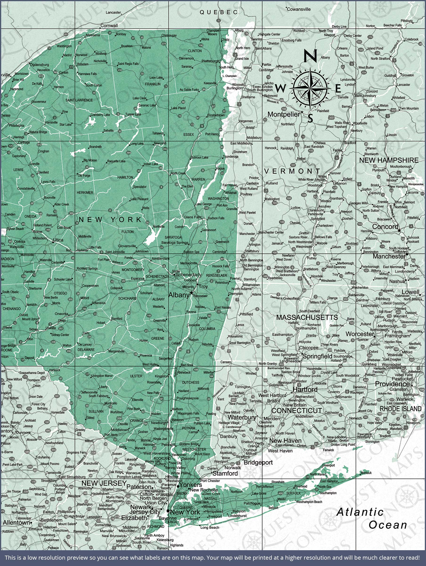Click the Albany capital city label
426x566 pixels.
click(x=179, y=295)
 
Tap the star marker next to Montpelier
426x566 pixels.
click(x=302, y=112)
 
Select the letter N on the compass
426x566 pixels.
click(x=310, y=55)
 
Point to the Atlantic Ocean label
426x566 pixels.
click(x=372, y=518)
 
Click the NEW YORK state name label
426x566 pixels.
click(x=110, y=220)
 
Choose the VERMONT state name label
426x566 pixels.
click(x=292, y=171)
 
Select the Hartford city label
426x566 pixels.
click(x=305, y=389)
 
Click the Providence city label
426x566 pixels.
click(x=392, y=384)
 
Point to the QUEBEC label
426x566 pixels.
click(x=219, y=12)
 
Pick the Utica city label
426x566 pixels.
click(x=58, y=240)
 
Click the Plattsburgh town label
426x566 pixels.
click(x=210, y=61)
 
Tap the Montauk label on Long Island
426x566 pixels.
click(x=366, y=473)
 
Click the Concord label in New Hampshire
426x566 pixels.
click(x=385, y=226)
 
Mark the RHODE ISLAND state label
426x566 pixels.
click(x=400, y=409)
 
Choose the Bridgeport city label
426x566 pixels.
click(x=258, y=462)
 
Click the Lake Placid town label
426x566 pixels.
click(x=178, y=108)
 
